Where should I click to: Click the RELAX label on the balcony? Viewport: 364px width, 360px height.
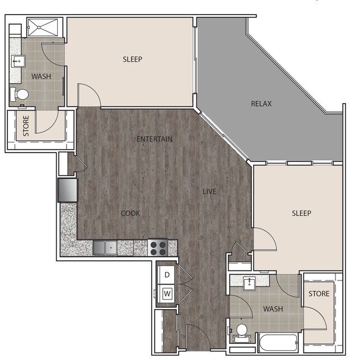(262, 104)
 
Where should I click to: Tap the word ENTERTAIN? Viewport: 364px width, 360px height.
(155, 139)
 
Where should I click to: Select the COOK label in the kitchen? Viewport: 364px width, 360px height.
(130, 213)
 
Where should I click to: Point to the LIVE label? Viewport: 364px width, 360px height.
(209, 192)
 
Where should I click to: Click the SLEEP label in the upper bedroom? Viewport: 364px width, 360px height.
(133, 59)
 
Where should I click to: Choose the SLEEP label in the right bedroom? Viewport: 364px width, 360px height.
(301, 213)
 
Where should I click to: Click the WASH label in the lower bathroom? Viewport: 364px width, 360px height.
(273, 309)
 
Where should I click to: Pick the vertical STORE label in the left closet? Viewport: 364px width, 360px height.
(26, 127)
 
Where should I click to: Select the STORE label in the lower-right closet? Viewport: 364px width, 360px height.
(319, 293)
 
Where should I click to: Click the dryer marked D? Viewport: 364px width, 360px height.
(167, 275)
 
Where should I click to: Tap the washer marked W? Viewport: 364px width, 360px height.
(167, 292)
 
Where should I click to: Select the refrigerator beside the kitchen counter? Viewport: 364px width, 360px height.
(67, 190)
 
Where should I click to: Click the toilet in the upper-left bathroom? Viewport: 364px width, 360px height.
(21, 95)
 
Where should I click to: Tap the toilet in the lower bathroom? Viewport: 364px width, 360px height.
(242, 331)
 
